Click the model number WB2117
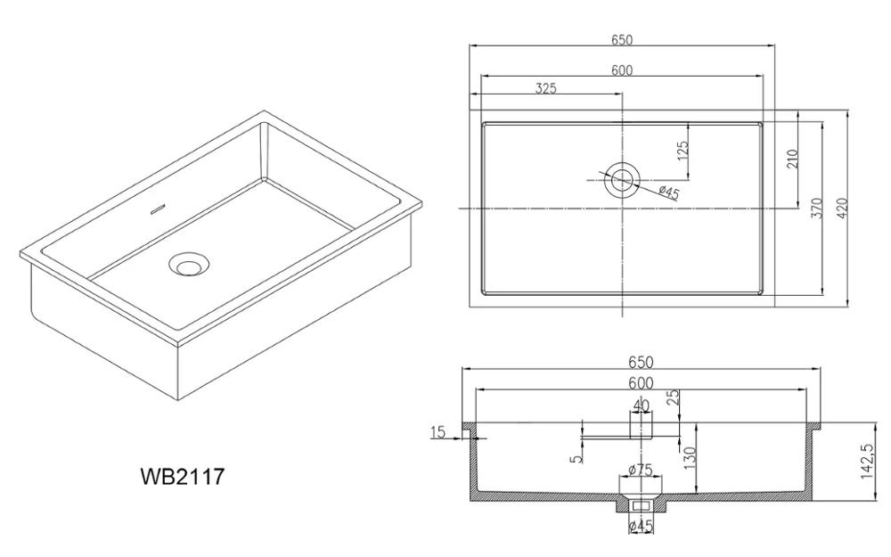click(x=182, y=477)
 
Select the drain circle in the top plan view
click(x=622, y=180)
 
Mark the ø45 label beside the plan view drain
click(x=668, y=192)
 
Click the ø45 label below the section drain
click(x=642, y=527)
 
